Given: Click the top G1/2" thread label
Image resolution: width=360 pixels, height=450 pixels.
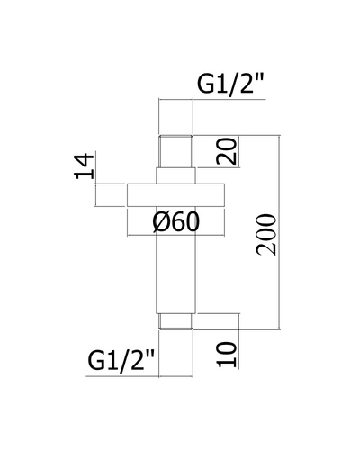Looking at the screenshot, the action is [x=230, y=84].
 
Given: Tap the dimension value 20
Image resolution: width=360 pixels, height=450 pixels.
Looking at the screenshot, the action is [x=227, y=151].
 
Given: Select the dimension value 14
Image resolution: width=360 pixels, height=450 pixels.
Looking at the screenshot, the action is [x=85, y=166].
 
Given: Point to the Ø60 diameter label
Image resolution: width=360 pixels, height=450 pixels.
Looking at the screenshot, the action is [x=175, y=222].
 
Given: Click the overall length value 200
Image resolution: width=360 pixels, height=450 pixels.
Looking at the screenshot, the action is [x=266, y=235].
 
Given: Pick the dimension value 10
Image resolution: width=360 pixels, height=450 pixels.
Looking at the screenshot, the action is [x=227, y=355].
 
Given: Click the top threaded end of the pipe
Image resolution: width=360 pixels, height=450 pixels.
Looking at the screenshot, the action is [x=175, y=151].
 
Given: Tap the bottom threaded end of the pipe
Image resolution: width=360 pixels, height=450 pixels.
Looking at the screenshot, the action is [x=175, y=321].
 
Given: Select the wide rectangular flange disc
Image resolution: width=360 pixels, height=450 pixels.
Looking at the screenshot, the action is [x=175, y=195].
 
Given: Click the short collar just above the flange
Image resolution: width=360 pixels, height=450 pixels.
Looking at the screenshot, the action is [x=175, y=175].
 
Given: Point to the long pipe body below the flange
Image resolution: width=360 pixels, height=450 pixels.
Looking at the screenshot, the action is [x=175, y=260].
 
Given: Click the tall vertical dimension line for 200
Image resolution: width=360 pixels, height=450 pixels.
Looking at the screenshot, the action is [x=280, y=232].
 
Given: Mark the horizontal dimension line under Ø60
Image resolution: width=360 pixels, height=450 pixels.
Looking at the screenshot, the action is [x=175, y=235].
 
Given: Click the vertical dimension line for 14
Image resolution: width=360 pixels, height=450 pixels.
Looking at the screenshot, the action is [x=95, y=195].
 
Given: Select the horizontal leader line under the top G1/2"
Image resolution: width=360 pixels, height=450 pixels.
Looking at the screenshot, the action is [x=212, y=99].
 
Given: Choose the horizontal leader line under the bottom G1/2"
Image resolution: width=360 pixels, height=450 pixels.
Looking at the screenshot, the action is [x=139, y=376].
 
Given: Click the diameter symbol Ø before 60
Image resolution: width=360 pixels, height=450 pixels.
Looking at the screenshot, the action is [x=160, y=222].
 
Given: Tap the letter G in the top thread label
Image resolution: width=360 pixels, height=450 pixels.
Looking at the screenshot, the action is [x=205, y=84].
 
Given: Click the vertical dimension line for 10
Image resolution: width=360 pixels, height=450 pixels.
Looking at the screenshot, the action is [x=239, y=341].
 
